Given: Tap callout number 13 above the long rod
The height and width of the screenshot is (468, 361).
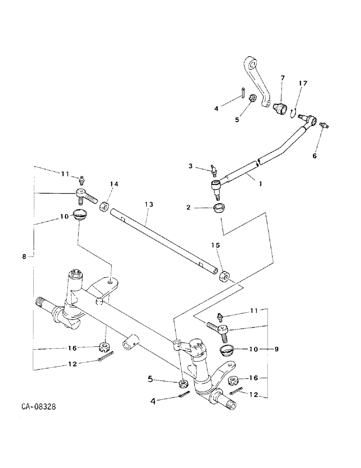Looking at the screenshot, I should [x=149, y=205].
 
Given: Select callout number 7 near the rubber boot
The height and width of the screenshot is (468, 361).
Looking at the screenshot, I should [x=282, y=78].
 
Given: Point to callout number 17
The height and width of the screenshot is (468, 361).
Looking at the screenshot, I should [x=303, y=83].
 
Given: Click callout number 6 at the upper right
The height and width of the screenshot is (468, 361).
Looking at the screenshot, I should [x=314, y=156].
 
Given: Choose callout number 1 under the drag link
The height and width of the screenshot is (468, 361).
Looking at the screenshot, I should [x=260, y=184].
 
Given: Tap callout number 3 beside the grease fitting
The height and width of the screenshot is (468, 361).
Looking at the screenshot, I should [x=191, y=166].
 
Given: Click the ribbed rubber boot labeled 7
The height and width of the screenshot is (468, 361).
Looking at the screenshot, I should [x=282, y=106].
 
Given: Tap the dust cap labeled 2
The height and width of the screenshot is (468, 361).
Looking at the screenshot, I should [x=219, y=208].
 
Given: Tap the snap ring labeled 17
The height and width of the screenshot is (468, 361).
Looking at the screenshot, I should [x=294, y=111].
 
